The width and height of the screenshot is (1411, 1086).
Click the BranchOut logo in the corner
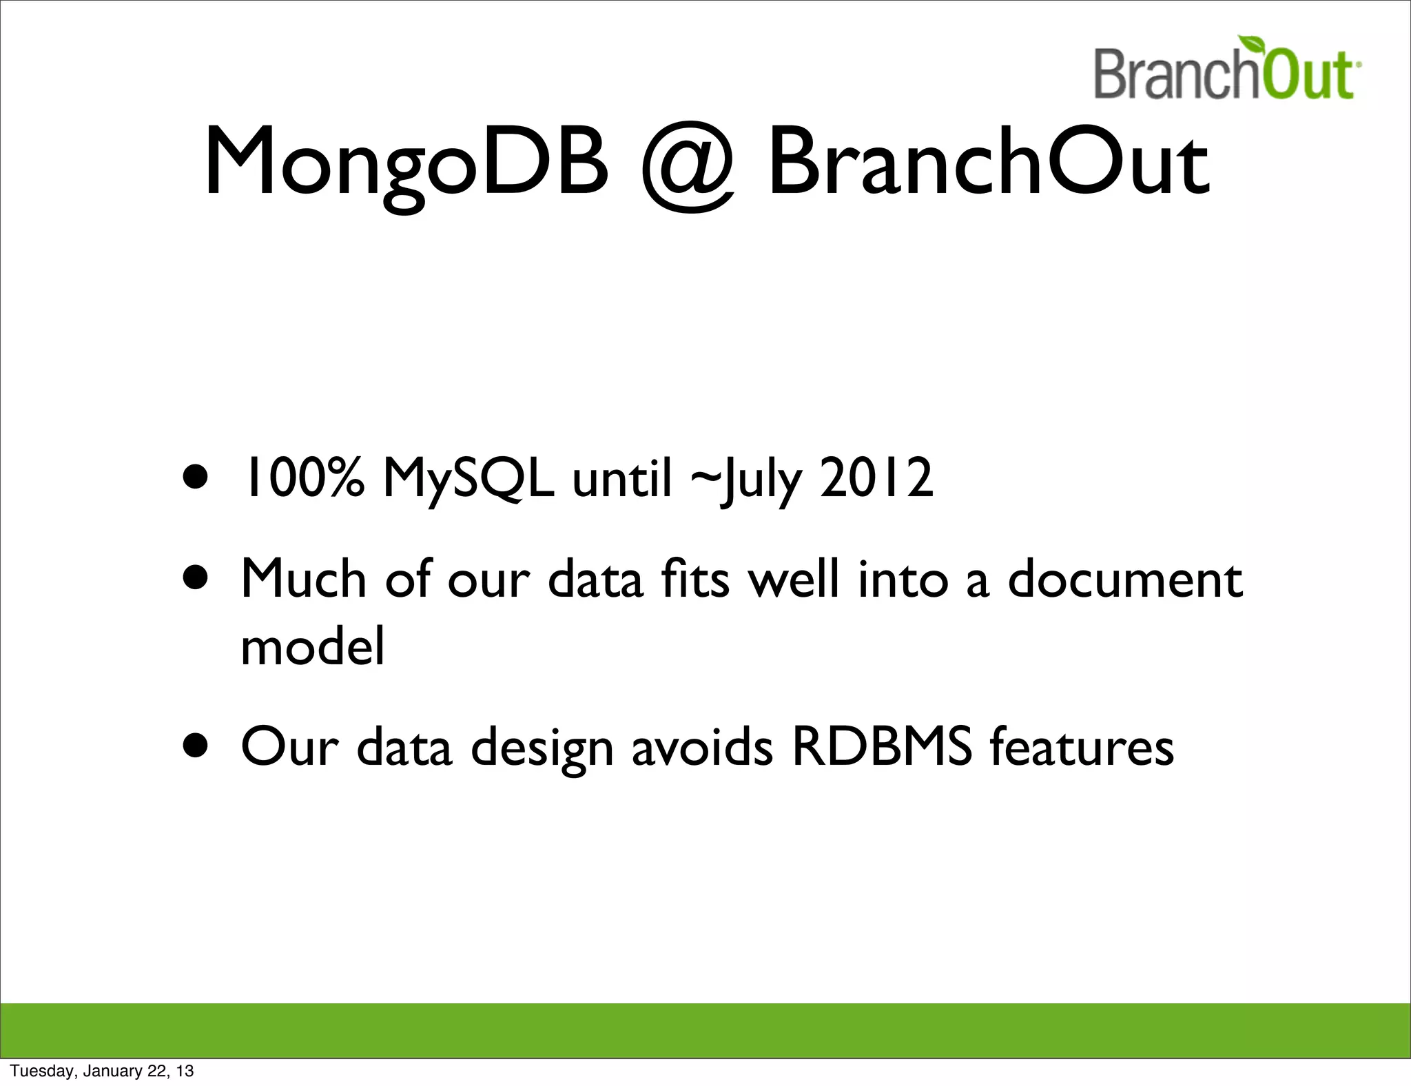click(x=1225, y=72)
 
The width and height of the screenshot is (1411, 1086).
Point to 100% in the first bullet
click(x=301, y=478)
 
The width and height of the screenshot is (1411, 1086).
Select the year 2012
click(x=876, y=478)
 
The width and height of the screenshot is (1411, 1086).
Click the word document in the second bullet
click(x=1125, y=579)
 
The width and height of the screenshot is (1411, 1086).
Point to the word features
click(x=1082, y=746)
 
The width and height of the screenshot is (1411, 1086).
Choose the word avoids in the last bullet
click(x=702, y=746)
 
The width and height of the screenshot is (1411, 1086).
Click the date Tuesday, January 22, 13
click(x=102, y=1071)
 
